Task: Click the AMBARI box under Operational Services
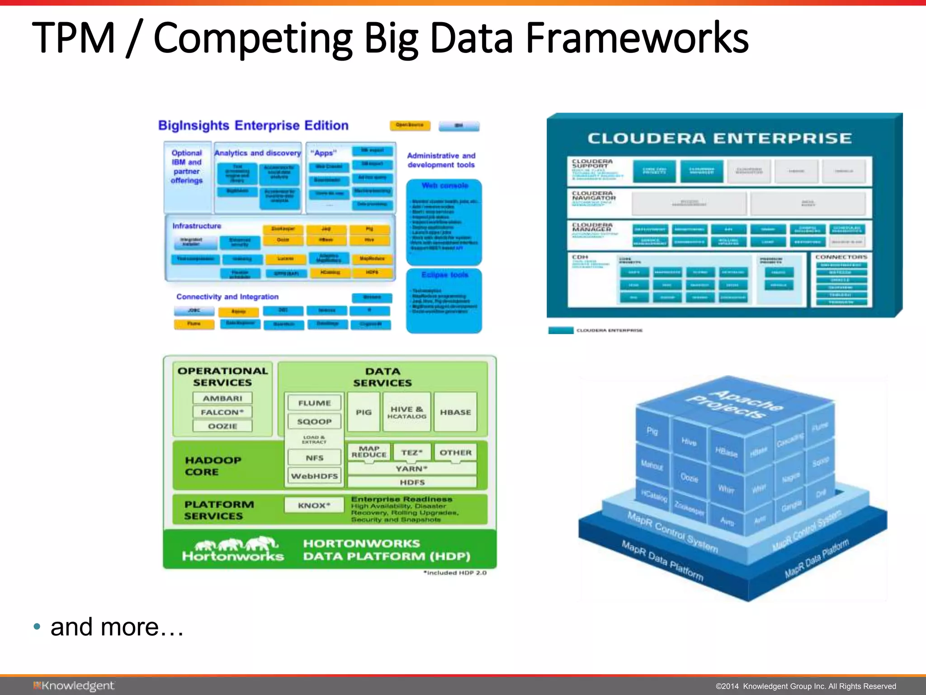point(222,398)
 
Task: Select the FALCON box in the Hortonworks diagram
point(222,412)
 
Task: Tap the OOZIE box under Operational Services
point(222,426)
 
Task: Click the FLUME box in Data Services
point(314,403)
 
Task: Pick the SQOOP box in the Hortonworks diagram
point(314,421)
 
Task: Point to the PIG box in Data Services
point(364,412)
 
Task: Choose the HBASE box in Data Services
point(455,412)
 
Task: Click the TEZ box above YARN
point(411,452)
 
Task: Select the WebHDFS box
point(314,476)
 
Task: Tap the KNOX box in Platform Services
point(314,505)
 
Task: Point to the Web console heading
point(444,186)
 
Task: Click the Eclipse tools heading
point(444,275)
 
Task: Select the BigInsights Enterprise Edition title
point(253,125)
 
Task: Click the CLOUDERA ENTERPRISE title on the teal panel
point(719,138)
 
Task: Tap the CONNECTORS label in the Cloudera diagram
point(841,257)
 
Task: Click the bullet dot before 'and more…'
point(37,627)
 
